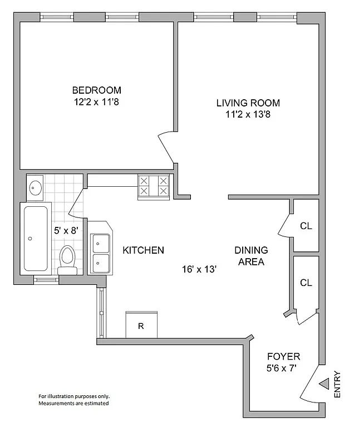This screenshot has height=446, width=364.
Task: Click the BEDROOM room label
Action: click(x=96, y=90)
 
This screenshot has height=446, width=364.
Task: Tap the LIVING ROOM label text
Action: click(x=248, y=103)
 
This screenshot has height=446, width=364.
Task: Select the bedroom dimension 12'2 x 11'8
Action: click(x=96, y=102)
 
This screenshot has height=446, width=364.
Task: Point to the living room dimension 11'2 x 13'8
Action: click(x=248, y=115)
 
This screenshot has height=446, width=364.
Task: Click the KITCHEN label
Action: click(x=143, y=250)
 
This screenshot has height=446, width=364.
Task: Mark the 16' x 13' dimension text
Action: click(x=199, y=269)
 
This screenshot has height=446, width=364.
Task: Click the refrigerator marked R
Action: click(x=141, y=324)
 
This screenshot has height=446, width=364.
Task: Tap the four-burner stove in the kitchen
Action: click(x=154, y=186)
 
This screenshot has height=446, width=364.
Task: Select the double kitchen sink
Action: click(x=101, y=253)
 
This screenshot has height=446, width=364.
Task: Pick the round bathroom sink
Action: click(x=35, y=187)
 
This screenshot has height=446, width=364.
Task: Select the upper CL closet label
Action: click(x=306, y=226)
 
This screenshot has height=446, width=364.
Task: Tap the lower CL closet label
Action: click(x=306, y=283)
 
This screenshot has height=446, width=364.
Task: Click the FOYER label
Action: click(x=283, y=356)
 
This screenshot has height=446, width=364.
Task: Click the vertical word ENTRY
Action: click(x=337, y=384)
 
